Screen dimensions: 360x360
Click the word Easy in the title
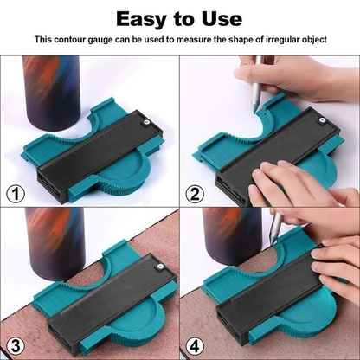click(143, 18)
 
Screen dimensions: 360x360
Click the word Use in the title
click(222, 18)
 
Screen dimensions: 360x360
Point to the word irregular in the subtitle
click(273, 40)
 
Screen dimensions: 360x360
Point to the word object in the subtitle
click(309, 40)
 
